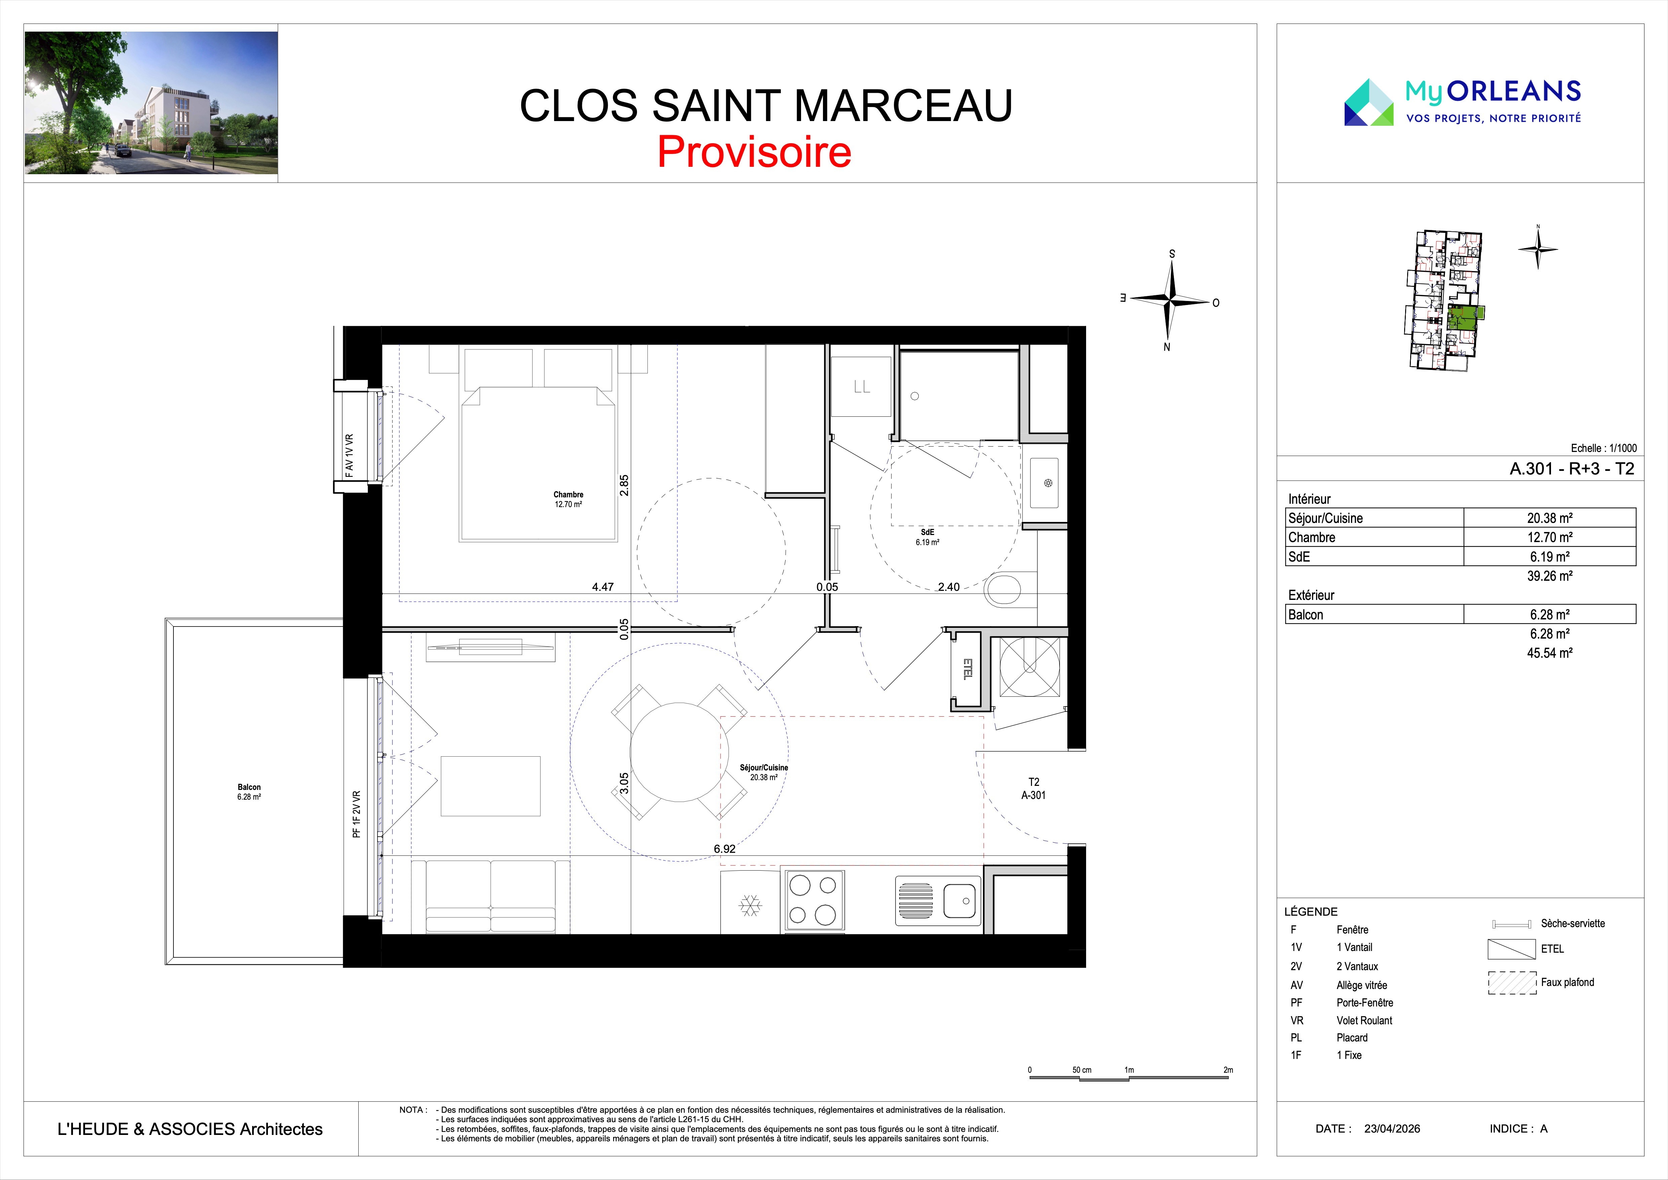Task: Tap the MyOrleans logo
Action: [x=1462, y=102]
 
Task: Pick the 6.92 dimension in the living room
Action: [x=724, y=849]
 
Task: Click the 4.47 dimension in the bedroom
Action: [x=603, y=587]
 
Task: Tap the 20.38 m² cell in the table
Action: [x=1550, y=518]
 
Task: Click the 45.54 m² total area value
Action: [x=1550, y=653]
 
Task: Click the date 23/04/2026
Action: [x=1392, y=1129]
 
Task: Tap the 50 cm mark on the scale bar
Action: [x=1081, y=1070]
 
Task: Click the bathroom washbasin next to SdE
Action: [x=1044, y=483]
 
